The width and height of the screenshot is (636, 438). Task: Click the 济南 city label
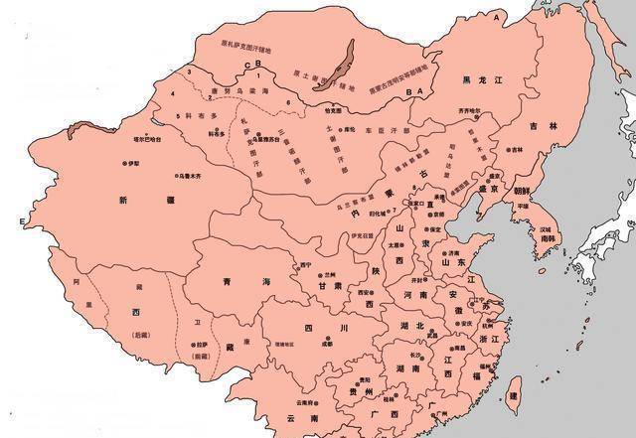click(x=454, y=253)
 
